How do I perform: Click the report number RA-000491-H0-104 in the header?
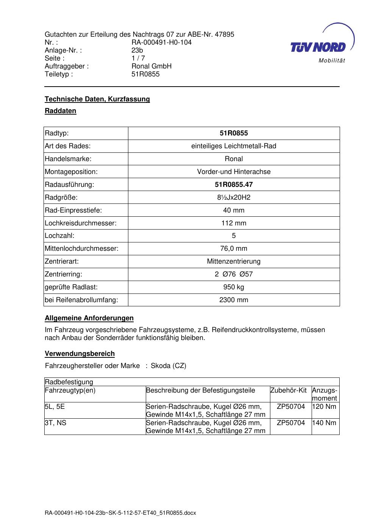(x=161, y=42)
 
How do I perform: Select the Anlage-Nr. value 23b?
(x=137, y=50)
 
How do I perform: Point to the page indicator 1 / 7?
(x=138, y=58)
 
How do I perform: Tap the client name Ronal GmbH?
(x=151, y=66)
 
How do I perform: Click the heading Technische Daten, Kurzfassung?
(x=97, y=99)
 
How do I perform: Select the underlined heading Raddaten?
(x=61, y=111)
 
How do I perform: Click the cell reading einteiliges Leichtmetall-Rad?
(x=234, y=146)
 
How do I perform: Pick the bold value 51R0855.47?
(x=234, y=185)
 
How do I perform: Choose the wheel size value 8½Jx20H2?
(x=234, y=197)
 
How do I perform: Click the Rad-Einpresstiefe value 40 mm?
(x=234, y=210)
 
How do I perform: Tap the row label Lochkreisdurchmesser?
(x=81, y=223)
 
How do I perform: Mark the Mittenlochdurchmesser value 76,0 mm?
(x=234, y=248)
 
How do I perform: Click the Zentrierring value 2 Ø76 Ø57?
(x=234, y=274)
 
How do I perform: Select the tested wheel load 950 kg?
(x=234, y=287)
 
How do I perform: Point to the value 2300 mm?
(x=234, y=300)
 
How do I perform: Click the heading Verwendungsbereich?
(x=80, y=354)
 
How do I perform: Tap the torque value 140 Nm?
(x=324, y=423)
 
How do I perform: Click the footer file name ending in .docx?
(x=120, y=513)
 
